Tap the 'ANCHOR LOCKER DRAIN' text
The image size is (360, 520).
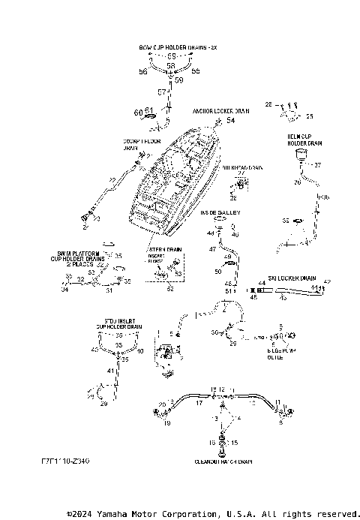220,110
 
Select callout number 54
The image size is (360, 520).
230,120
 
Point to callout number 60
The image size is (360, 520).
137,113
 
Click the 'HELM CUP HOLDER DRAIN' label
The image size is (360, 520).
305,140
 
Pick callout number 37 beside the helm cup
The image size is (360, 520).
316,164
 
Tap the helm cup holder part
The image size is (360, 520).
302,156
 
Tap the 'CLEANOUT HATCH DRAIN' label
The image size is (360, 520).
223,462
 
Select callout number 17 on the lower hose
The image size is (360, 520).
199,403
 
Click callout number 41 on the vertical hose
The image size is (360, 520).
109,371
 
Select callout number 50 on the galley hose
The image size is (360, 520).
218,271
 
